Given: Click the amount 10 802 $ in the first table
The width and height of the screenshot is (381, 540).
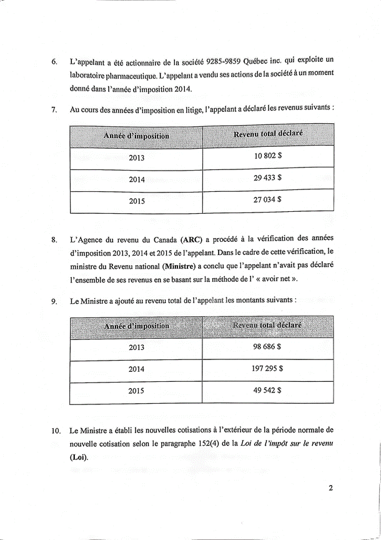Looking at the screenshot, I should pyautogui.click(x=268, y=157).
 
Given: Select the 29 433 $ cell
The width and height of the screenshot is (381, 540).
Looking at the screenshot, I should pyautogui.click(x=268, y=178).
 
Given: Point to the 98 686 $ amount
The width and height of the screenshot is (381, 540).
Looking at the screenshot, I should pyautogui.click(x=268, y=347).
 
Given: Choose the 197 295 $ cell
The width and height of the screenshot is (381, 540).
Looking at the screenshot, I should pyautogui.click(x=268, y=369).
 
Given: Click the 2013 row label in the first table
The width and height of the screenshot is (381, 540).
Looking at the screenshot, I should pyautogui.click(x=137, y=157).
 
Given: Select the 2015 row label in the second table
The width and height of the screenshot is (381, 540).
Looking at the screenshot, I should pyautogui.click(x=137, y=391).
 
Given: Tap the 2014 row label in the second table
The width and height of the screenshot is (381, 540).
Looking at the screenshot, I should pyautogui.click(x=137, y=369).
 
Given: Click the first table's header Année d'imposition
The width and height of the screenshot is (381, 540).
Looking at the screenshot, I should pyautogui.click(x=137, y=136).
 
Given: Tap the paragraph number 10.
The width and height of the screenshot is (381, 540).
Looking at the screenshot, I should pyautogui.click(x=56, y=431).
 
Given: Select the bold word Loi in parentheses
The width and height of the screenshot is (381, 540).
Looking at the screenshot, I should pyautogui.click(x=79, y=457).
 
